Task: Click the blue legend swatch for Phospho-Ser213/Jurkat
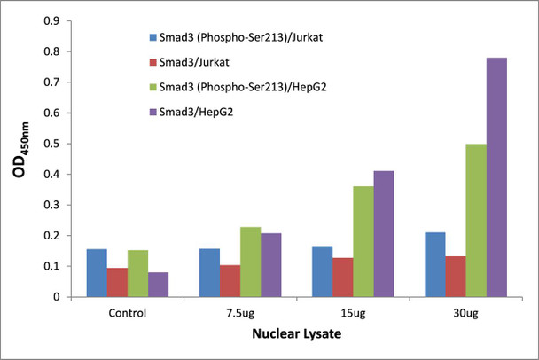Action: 153,38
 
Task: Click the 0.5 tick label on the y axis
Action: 52,144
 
